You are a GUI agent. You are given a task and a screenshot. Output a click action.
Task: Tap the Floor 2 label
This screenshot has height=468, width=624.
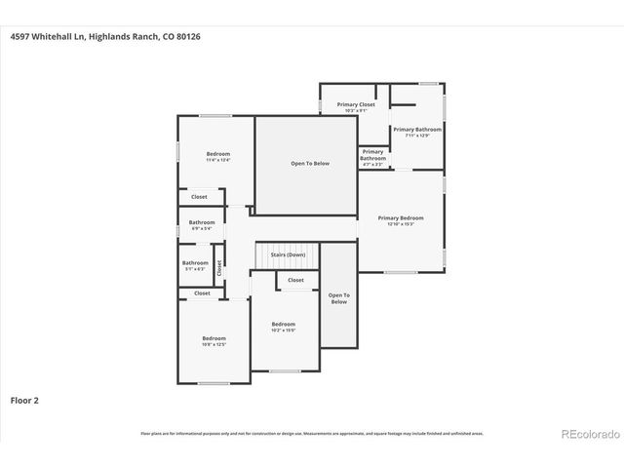point(24,400)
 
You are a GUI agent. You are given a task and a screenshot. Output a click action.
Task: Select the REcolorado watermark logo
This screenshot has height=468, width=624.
point(589,434)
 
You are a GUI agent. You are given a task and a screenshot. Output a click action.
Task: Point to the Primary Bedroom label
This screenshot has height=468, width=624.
point(401,219)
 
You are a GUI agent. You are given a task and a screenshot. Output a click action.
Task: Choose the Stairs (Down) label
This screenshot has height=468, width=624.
point(288,254)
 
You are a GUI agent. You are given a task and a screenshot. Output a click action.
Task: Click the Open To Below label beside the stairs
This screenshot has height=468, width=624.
point(338,298)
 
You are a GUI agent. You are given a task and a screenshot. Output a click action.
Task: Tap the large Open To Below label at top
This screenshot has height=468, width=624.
point(310,163)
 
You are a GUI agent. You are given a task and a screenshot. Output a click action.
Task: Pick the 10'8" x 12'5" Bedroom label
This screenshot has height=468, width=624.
point(214,340)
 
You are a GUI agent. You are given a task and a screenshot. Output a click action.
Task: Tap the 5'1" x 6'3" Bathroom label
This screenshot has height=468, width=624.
point(195,264)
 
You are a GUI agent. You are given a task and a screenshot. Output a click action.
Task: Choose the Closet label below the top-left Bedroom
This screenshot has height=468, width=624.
point(199,197)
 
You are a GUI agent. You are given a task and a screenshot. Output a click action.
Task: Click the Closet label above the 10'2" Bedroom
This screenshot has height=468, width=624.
point(295,280)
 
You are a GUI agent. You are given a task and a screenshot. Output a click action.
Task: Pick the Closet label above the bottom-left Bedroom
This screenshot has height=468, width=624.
point(202,292)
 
